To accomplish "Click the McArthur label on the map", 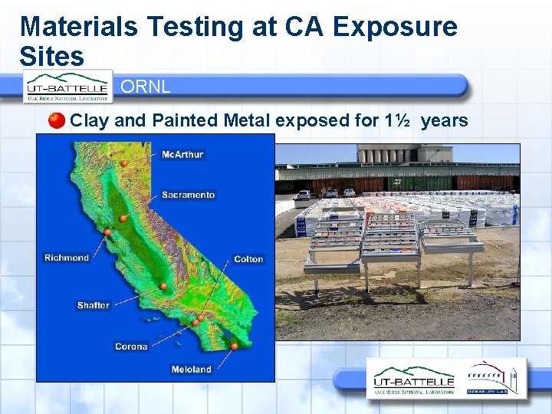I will (x=182, y=154).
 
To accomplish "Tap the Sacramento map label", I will (x=188, y=195).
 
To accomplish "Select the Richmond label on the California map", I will (x=67, y=258).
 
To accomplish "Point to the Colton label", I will (x=248, y=259).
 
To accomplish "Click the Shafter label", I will (x=93, y=305).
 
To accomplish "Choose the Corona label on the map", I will (x=131, y=347).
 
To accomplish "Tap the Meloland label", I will (x=191, y=370).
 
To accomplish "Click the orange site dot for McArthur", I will (x=124, y=163).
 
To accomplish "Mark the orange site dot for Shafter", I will (x=163, y=286).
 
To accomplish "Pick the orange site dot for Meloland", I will (x=235, y=347).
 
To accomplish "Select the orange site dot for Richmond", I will (x=108, y=232).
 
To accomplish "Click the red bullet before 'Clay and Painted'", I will (x=57, y=120).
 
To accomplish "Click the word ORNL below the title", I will (x=146, y=87).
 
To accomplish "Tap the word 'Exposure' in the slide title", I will (x=396, y=27).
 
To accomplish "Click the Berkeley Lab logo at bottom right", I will (x=492, y=379).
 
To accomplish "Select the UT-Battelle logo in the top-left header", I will (x=67, y=86).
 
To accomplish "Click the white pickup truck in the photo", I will (x=304, y=195).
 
